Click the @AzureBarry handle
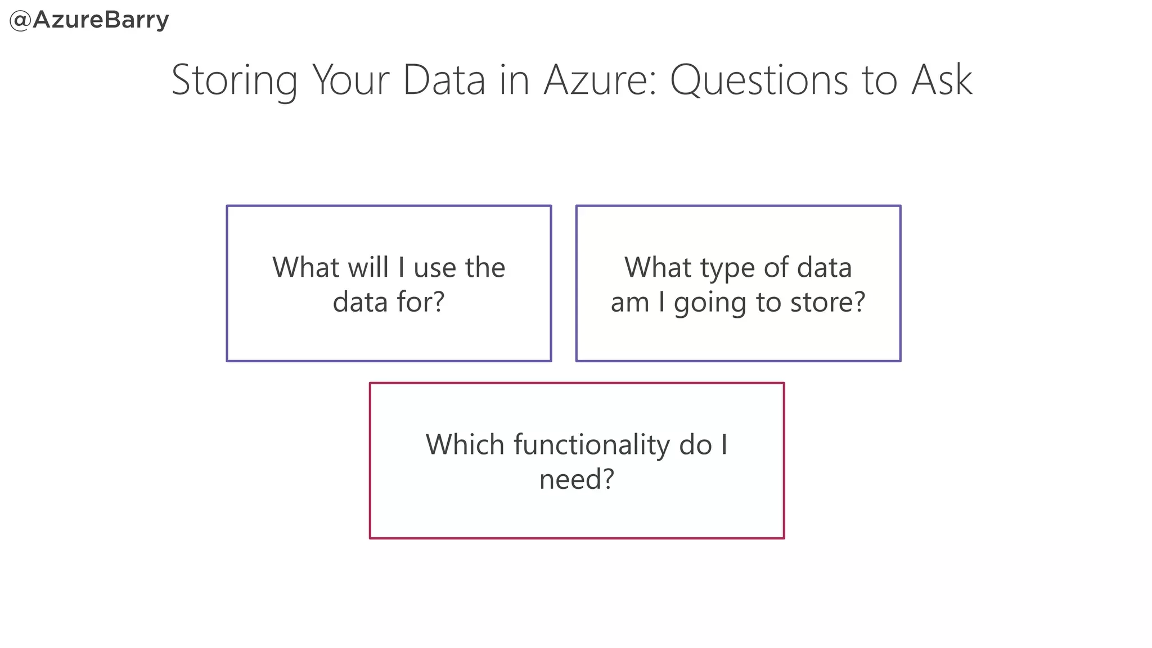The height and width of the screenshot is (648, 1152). [89, 20]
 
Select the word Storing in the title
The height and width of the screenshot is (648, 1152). [234, 80]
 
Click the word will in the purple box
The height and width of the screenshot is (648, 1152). [368, 267]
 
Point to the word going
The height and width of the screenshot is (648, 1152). [710, 303]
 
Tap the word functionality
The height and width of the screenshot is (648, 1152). [591, 445]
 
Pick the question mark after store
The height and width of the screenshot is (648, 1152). [859, 302]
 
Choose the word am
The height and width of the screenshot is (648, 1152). [629, 303]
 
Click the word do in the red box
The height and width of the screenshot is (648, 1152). [695, 444]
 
